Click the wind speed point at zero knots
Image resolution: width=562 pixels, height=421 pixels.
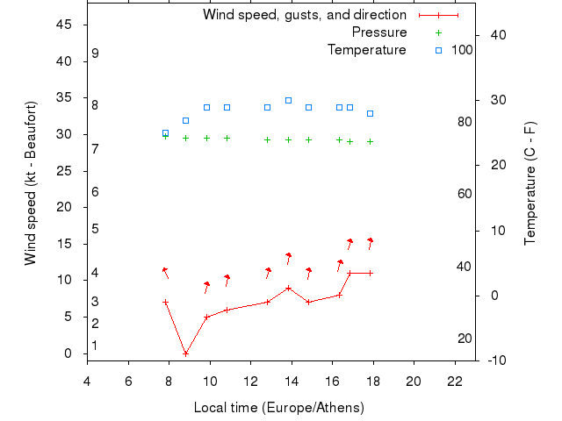[185, 353]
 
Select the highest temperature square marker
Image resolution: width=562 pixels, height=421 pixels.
[288, 100]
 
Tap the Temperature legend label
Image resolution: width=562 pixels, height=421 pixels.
[366, 50]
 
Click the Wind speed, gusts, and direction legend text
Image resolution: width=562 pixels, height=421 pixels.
[304, 15]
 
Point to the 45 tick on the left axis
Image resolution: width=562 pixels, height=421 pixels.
[64, 25]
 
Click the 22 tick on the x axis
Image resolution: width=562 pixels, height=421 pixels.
[454, 382]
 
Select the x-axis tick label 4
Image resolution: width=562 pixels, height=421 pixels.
[87, 382]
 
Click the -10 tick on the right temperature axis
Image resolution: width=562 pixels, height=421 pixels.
[498, 360]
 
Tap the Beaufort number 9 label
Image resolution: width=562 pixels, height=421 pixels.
[95, 54]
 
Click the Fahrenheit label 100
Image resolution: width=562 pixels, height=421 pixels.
[462, 50]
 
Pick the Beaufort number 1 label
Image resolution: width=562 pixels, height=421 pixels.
[95, 346]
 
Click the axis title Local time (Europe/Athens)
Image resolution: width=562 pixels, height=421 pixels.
[278, 408]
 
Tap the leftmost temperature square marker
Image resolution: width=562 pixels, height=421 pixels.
[165, 133]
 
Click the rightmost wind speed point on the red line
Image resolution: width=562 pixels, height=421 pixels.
[370, 273]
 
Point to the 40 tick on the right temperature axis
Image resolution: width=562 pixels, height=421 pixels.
[498, 35]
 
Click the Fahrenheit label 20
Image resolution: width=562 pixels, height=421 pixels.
[465, 339]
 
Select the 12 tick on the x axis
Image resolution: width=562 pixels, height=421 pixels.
[250, 382]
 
